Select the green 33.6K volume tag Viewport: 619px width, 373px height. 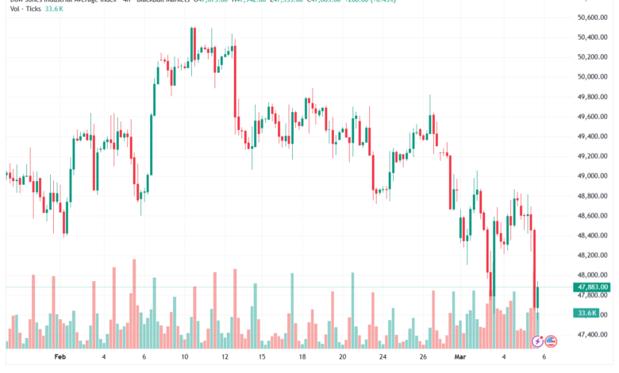point(587,313)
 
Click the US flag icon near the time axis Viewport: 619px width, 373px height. point(550,342)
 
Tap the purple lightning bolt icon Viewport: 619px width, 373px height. point(537,342)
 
